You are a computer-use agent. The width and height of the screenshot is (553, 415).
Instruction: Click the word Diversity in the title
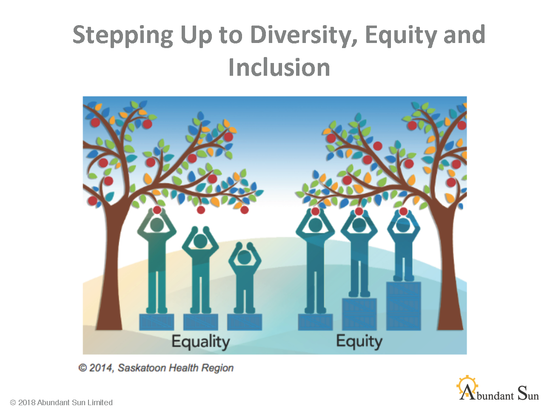click(x=304, y=35)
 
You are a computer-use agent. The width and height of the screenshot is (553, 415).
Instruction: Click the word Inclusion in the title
click(x=279, y=67)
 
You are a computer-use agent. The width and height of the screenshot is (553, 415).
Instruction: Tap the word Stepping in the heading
click(x=123, y=36)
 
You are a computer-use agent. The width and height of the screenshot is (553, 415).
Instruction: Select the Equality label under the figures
click(x=200, y=342)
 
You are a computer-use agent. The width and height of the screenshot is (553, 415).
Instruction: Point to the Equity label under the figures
click(x=359, y=342)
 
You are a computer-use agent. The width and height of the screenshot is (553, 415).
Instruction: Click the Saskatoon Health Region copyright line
click(x=156, y=368)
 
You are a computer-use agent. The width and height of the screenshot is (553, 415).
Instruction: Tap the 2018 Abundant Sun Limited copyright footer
click(x=61, y=403)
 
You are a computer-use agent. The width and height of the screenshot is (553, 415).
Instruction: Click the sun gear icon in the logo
click(x=467, y=386)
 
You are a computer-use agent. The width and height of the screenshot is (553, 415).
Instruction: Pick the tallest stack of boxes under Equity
click(x=403, y=306)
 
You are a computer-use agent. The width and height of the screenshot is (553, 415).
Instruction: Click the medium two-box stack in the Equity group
click(x=359, y=314)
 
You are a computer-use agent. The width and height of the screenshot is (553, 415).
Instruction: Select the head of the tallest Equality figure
click(x=157, y=224)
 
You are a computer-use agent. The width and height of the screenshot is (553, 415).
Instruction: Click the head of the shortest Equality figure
click(x=244, y=257)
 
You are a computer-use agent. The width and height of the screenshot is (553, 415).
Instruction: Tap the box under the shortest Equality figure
click(x=244, y=322)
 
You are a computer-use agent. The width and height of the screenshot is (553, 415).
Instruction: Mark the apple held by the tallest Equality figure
click(x=157, y=210)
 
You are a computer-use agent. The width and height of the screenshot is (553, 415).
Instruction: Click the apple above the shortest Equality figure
click(x=244, y=210)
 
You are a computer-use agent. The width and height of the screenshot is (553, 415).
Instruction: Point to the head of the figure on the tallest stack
click(x=403, y=225)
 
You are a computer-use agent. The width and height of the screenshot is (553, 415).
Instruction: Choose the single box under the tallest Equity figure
click(x=315, y=322)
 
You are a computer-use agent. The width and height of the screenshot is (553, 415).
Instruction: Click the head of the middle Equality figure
click(x=200, y=241)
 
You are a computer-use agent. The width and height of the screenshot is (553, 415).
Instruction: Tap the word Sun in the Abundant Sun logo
click(x=528, y=393)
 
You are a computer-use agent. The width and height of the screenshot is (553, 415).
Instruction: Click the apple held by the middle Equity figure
click(x=359, y=212)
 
